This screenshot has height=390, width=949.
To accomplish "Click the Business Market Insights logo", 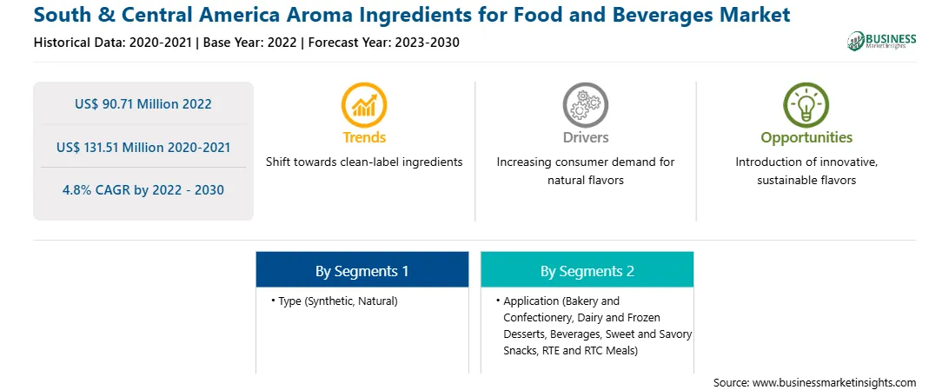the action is click(x=882, y=41).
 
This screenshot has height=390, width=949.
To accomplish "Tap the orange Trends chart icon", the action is click(x=364, y=104).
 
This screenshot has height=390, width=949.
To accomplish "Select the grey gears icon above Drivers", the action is click(x=585, y=104).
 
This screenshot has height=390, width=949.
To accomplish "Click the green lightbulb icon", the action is click(x=806, y=104).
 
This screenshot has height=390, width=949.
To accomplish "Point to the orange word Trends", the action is click(x=364, y=137).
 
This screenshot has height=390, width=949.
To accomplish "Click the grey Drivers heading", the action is click(x=585, y=137).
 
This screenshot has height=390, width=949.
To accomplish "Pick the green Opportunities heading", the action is click(x=806, y=138).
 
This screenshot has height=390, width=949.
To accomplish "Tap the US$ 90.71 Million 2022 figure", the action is click(x=143, y=104).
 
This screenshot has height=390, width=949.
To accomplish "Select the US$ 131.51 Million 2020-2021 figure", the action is click(x=143, y=147).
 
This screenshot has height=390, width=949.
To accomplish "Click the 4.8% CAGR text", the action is click(x=143, y=190).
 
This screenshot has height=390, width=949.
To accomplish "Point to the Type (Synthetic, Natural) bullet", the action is click(x=335, y=301).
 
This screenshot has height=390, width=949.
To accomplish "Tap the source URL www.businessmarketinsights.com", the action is click(x=834, y=383).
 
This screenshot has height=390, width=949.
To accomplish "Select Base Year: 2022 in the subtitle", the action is click(x=250, y=43).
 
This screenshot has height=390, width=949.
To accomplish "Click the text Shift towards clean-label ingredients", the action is click(x=364, y=162).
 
